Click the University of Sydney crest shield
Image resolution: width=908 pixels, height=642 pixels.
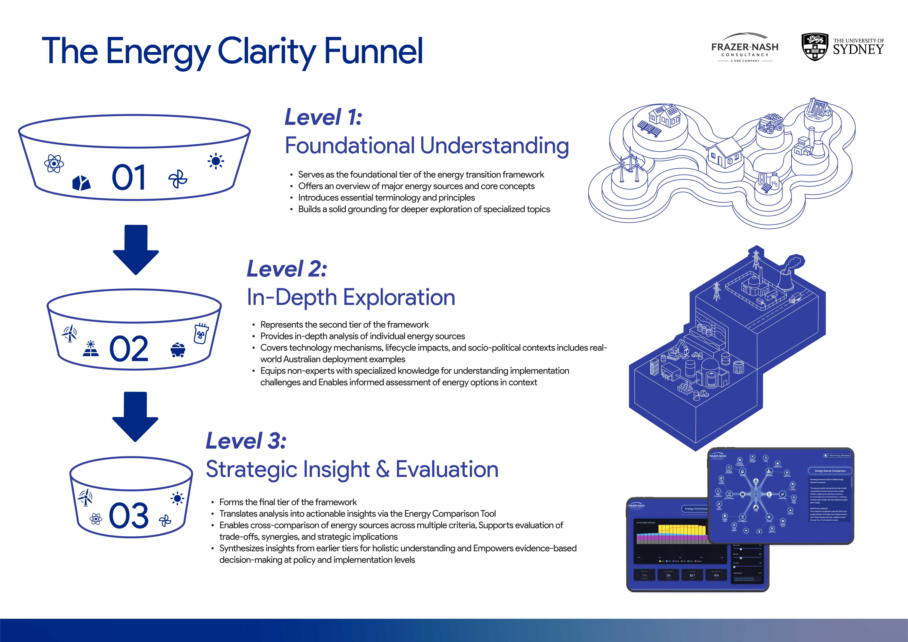(815, 47)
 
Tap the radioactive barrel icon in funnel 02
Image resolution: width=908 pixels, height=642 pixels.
(201, 334)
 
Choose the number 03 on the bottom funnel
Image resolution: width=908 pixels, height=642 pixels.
(129, 516)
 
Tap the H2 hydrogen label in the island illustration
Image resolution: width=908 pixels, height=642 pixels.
(774, 183)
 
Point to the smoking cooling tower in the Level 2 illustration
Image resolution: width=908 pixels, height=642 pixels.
(787, 277)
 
